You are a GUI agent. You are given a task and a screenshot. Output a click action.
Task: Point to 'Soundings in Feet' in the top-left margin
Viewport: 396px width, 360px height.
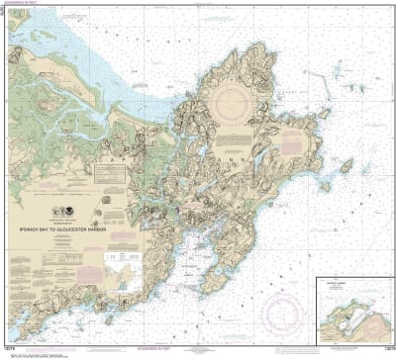(45, 5)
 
